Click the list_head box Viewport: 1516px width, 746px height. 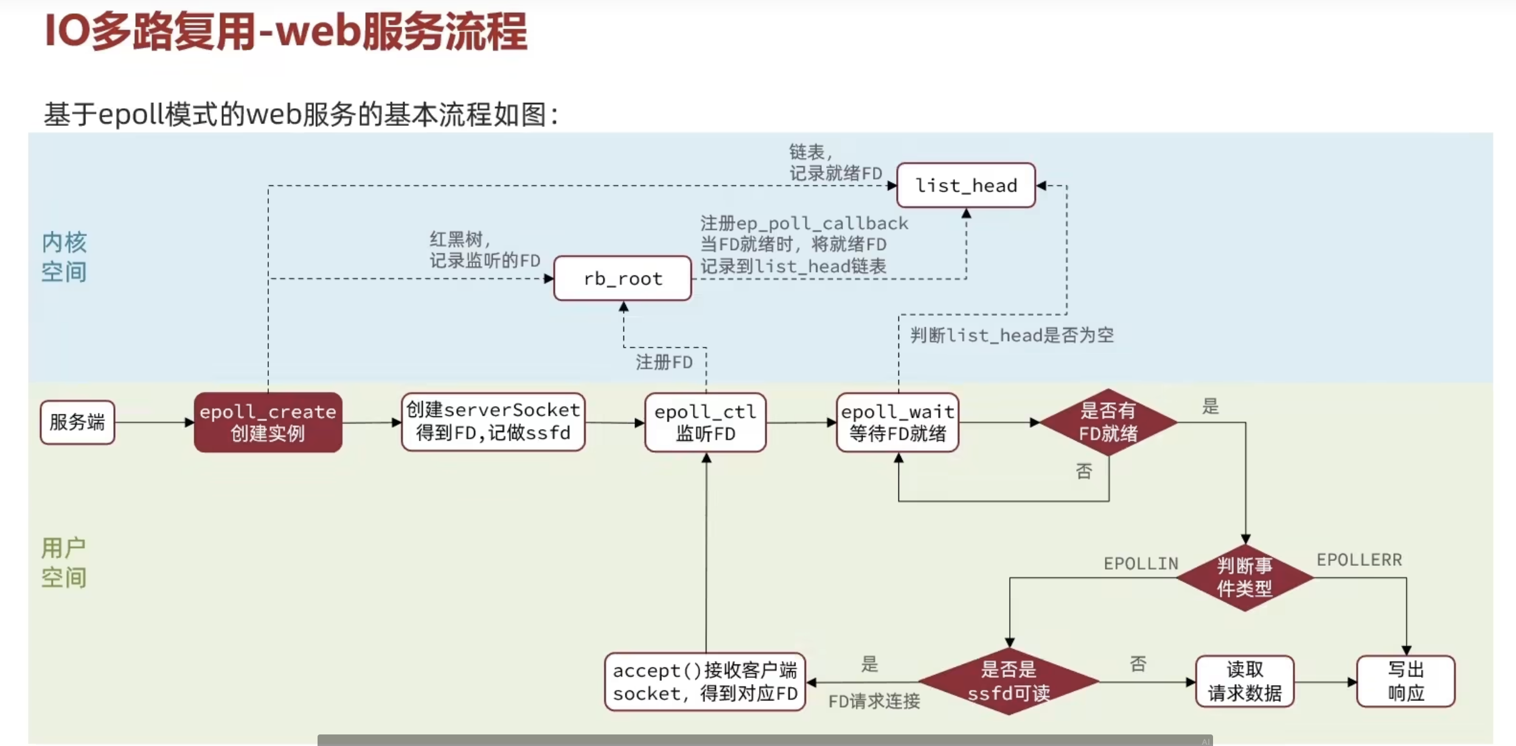[x=966, y=185]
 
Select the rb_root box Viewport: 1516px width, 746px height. [x=622, y=278]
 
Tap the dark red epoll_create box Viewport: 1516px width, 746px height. [x=268, y=422]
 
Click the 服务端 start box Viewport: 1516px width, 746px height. [x=77, y=422]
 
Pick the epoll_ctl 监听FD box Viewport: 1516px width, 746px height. [x=705, y=422]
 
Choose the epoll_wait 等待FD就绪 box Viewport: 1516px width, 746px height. [x=897, y=422]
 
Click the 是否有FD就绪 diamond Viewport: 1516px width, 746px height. [x=1108, y=422]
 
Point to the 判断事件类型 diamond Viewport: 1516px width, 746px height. [x=1244, y=577]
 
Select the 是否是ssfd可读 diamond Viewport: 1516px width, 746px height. [x=1008, y=682]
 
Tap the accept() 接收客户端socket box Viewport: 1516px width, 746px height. [x=705, y=682]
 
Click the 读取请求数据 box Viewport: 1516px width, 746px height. [x=1244, y=682]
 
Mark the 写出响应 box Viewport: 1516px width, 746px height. [x=1405, y=682]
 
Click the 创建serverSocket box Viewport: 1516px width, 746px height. [x=493, y=422]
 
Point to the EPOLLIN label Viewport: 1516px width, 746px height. [x=1141, y=563]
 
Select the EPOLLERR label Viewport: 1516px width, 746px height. [x=1359, y=560]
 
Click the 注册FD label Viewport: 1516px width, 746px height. [x=664, y=363]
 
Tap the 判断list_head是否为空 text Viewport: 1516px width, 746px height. [x=1012, y=335]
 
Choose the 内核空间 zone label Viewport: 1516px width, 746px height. [x=64, y=257]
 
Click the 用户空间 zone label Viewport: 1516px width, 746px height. [x=64, y=563]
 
